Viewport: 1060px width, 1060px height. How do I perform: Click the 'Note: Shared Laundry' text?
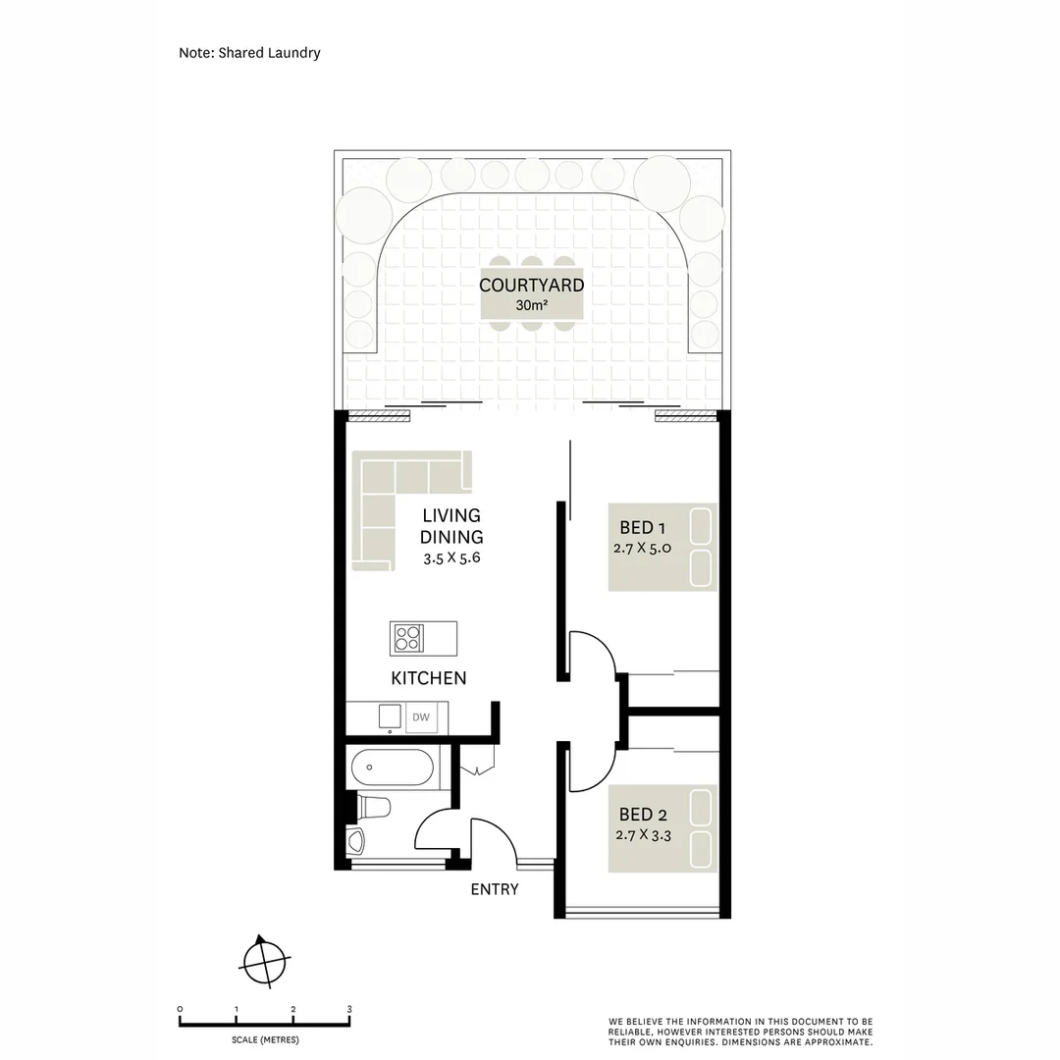[249, 53]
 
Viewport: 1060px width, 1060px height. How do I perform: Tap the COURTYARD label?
[531, 286]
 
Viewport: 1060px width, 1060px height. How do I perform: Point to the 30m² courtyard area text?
[531, 305]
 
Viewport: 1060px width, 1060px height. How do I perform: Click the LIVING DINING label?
[451, 526]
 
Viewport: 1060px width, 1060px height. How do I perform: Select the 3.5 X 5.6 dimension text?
[451, 559]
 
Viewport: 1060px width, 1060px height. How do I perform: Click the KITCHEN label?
[428, 678]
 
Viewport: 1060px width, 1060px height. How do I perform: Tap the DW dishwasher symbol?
[421, 718]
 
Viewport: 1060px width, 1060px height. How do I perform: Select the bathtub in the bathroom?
[392, 767]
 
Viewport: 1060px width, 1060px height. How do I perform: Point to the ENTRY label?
[495, 889]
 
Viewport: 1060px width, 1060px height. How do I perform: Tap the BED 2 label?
[643, 815]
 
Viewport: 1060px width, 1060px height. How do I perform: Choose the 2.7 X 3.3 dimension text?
[643, 835]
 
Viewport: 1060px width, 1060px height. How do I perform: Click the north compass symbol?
[264, 960]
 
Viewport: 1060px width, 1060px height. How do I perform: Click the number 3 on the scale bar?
[349, 1009]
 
